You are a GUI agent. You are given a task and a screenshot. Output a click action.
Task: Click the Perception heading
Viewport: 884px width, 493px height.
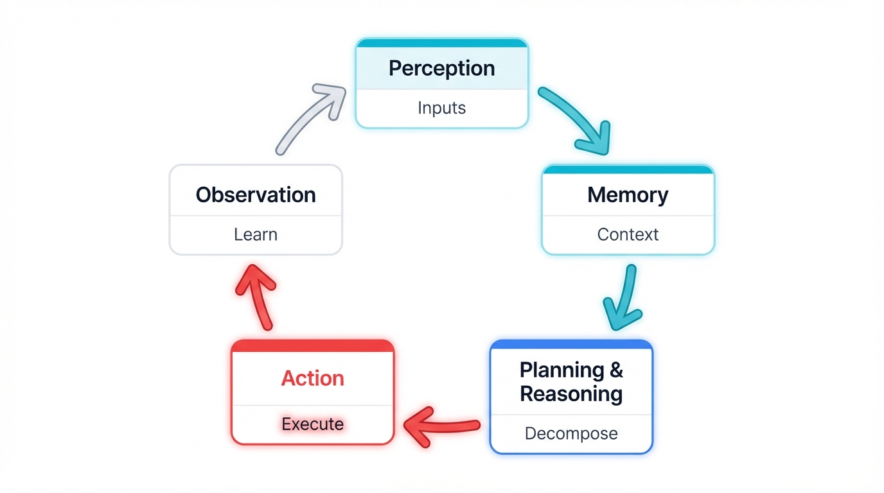tap(441, 68)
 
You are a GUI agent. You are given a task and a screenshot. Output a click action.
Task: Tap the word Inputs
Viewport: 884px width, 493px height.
tap(441, 108)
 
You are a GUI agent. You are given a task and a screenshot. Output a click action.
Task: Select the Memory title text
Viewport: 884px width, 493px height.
tap(628, 195)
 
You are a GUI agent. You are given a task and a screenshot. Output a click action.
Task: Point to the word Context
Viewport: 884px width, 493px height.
tap(628, 234)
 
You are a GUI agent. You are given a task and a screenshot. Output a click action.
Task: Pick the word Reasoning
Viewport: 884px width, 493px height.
tap(571, 394)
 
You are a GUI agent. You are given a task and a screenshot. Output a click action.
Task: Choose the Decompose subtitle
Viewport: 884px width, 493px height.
tap(571, 433)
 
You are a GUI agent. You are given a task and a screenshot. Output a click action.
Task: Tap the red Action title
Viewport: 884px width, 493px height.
tap(312, 378)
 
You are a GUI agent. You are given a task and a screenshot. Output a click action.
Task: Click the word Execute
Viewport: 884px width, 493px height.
tap(312, 424)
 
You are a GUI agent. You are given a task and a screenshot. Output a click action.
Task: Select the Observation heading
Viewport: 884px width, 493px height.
tap(256, 195)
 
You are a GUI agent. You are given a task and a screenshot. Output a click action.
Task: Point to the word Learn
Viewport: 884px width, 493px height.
tap(256, 234)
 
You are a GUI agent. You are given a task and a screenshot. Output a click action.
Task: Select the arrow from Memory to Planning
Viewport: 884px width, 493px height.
tap(624, 298)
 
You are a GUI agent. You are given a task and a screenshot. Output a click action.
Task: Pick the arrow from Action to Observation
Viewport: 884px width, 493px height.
tap(256, 296)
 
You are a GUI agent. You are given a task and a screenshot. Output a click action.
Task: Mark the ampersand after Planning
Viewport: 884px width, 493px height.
tap(615, 370)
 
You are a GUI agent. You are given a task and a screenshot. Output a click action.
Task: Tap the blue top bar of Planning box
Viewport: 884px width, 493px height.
tap(571, 345)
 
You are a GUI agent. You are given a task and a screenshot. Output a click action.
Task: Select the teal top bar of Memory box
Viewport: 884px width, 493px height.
tap(628, 169)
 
